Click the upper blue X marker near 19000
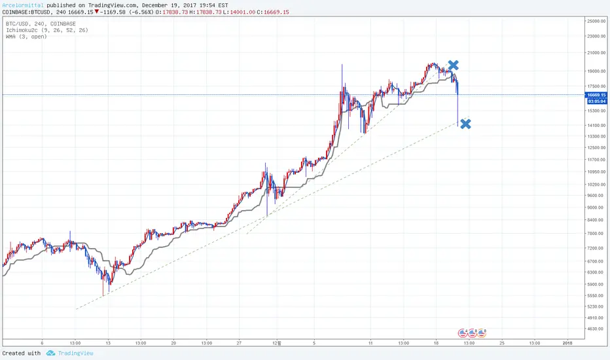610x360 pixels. point(453,65)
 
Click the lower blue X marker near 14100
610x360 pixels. point(465,124)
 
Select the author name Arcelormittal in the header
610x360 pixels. point(24,5)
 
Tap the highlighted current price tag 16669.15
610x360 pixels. point(596,95)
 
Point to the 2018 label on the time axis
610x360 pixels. point(567,342)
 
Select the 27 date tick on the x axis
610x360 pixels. point(240,342)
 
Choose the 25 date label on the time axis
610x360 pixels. point(501,342)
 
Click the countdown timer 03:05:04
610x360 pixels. point(596,101)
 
